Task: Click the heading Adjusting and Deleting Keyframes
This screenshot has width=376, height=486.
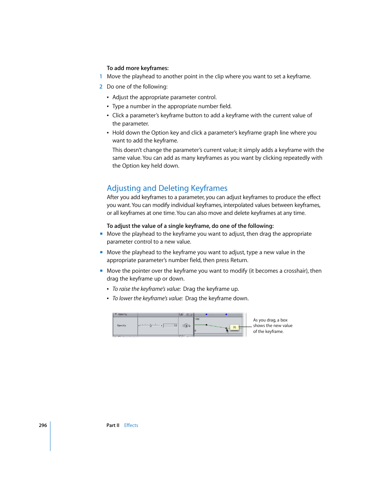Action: click(x=167, y=188)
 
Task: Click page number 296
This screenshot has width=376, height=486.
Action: click(x=43, y=425)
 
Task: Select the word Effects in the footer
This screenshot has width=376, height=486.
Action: click(x=131, y=425)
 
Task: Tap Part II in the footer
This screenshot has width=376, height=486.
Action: click(x=113, y=425)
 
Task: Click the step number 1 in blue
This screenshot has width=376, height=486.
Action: click(x=101, y=76)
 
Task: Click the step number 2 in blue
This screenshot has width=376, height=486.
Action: click(x=101, y=87)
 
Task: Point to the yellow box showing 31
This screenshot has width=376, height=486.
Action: click(x=235, y=327)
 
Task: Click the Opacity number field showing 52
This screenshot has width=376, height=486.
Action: click(x=170, y=325)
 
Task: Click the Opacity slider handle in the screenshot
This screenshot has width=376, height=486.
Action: click(x=151, y=325)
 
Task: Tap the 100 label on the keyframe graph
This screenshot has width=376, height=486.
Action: click(x=197, y=319)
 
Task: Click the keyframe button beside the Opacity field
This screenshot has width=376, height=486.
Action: click(x=186, y=326)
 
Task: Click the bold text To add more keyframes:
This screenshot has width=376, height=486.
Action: click(x=138, y=68)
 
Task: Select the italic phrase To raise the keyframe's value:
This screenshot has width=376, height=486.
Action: click(x=147, y=289)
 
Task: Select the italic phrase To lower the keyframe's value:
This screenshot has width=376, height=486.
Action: click(x=147, y=298)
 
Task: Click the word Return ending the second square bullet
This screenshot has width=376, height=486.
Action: click(x=238, y=260)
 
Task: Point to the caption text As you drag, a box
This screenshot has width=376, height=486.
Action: click(x=270, y=320)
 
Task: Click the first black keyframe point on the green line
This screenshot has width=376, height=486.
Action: click(x=207, y=325)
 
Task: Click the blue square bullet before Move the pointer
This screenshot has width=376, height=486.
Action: click(x=101, y=271)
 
